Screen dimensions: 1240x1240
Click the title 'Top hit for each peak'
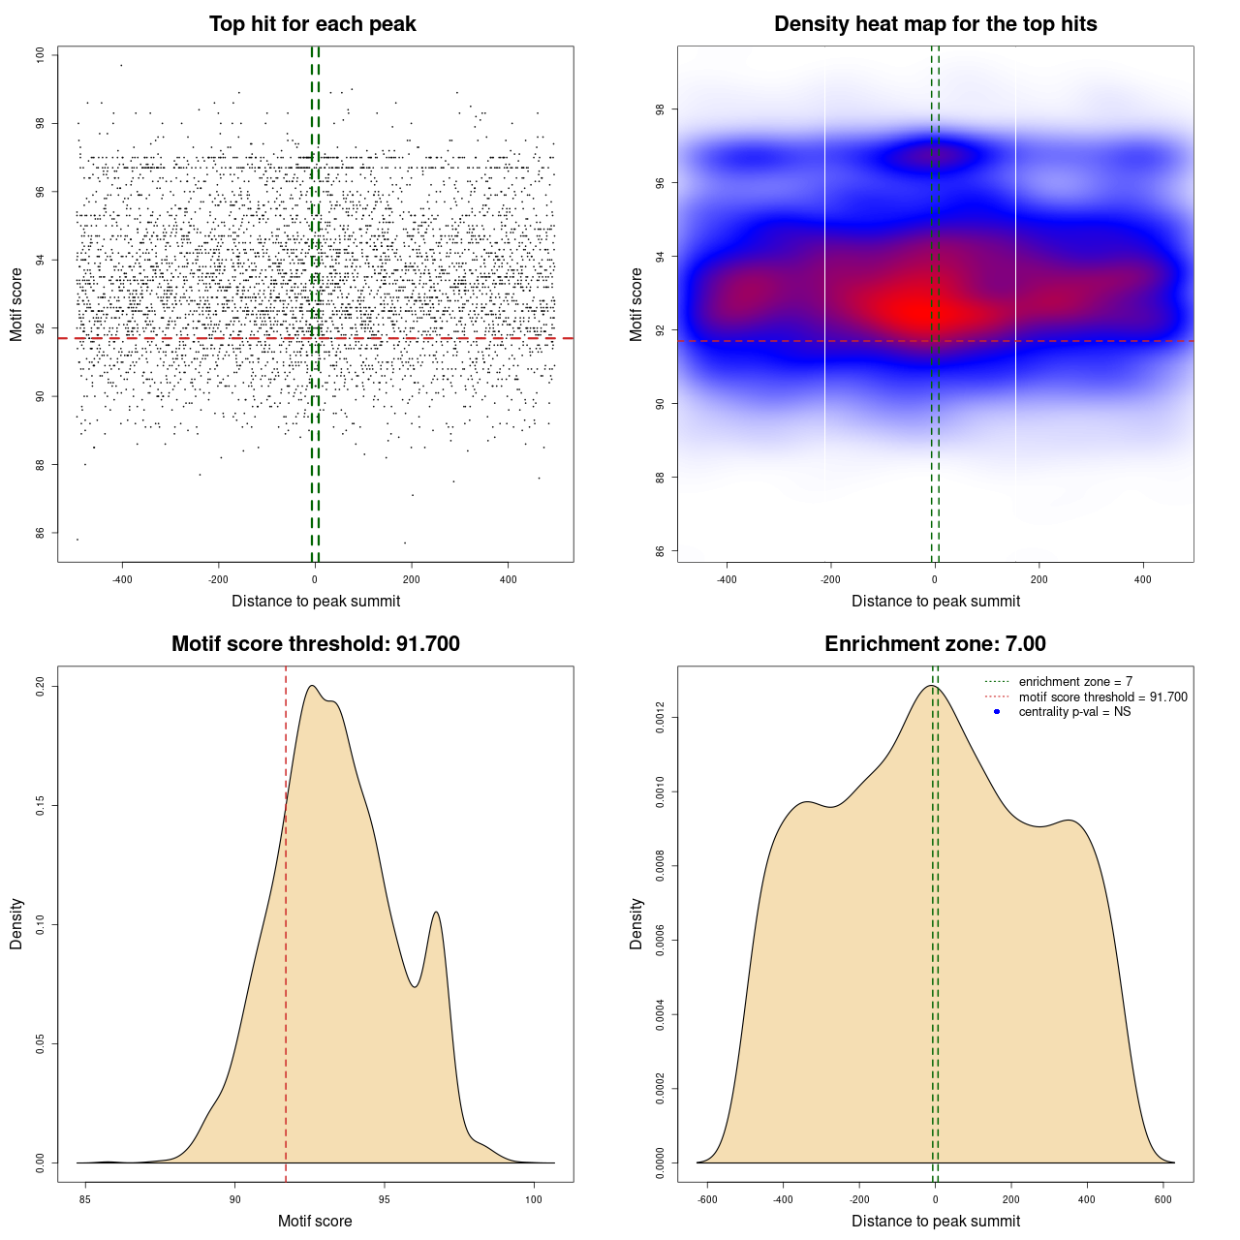(x=313, y=24)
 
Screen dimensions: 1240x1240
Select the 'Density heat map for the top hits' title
(x=935, y=24)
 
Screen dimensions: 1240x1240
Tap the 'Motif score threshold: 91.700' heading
(x=315, y=644)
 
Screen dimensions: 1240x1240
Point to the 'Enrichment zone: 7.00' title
(x=935, y=644)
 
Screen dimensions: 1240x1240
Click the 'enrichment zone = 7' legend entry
(x=1075, y=682)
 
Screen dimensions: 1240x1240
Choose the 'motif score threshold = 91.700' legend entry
(x=1102, y=697)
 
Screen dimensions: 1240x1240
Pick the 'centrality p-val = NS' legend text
(x=1074, y=712)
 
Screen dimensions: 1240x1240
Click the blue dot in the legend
(x=997, y=712)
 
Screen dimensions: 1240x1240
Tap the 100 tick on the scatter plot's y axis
(x=40, y=55)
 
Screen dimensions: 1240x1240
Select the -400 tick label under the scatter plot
(x=122, y=580)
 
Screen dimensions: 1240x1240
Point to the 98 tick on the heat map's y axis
(x=660, y=109)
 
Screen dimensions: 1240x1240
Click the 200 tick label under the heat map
(x=1039, y=580)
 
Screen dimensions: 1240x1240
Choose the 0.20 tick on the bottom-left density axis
(x=40, y=687)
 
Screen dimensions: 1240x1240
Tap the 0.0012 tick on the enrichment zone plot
(x=660, y=718)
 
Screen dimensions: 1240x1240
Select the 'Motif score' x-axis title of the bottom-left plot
(x=315, y=1221)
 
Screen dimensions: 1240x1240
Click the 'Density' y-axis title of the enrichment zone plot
(x=636, y=923)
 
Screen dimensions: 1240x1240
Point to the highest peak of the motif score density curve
(x=312, y=686)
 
